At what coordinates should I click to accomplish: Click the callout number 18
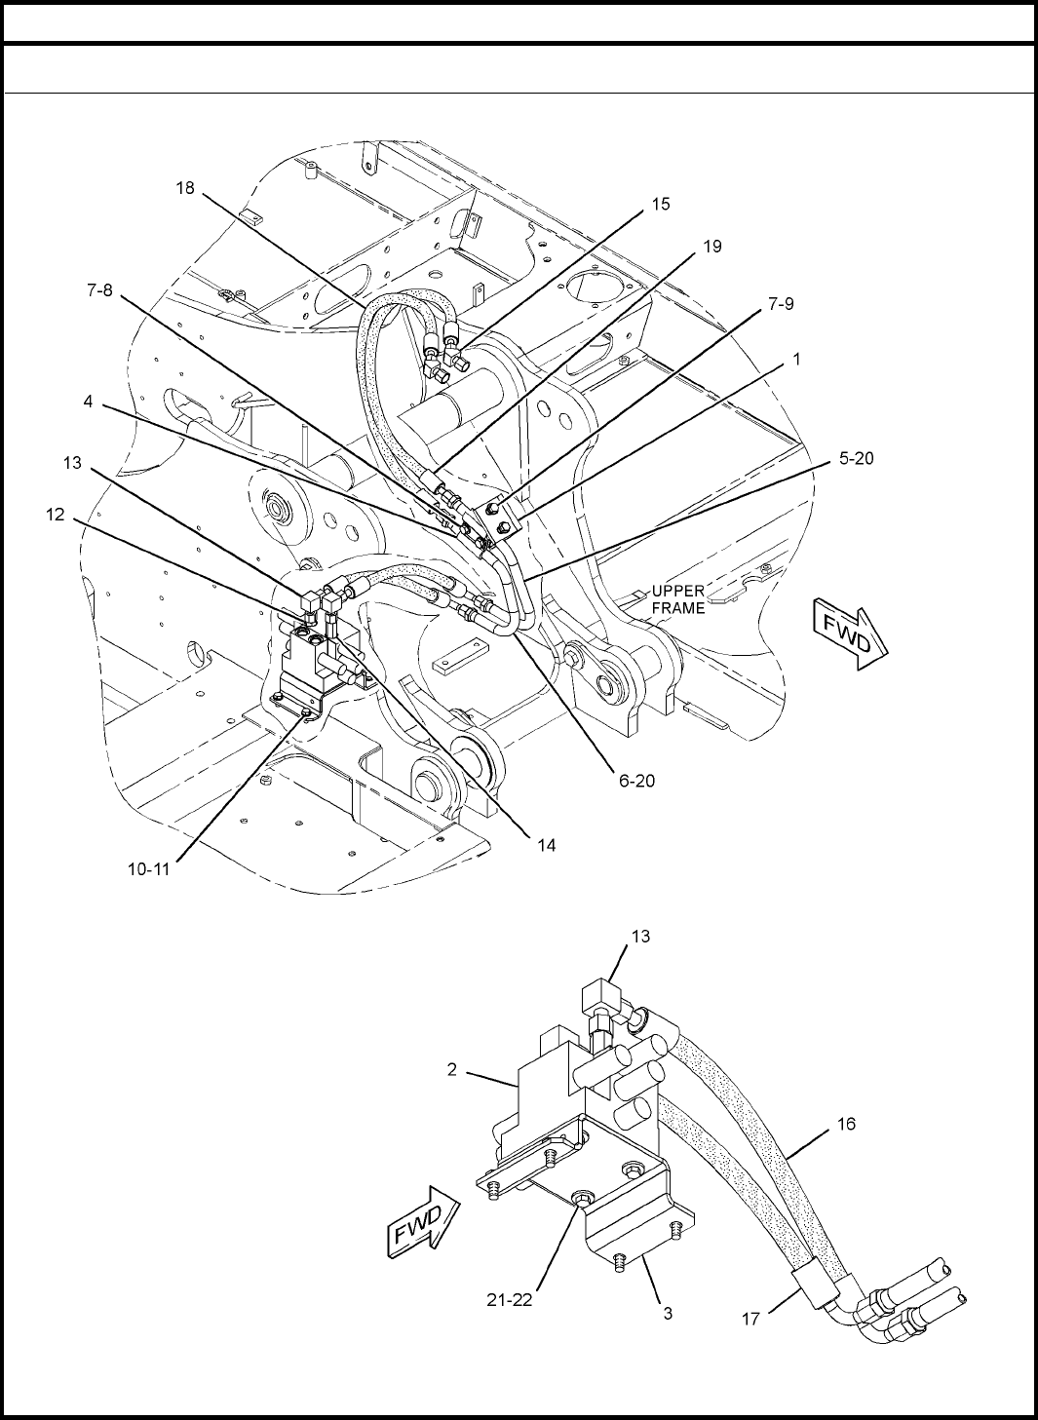coord(185,188)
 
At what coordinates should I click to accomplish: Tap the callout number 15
coord(661,204)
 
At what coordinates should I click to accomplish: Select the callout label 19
coord(712,247)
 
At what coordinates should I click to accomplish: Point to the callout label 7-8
coord(99,290)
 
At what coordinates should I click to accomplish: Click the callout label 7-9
coord(781,304)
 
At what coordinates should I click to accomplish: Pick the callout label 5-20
coord(856,458)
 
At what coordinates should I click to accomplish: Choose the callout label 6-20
coord(636,781)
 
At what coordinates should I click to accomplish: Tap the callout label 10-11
coord(149,869)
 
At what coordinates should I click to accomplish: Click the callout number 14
coord(547,845)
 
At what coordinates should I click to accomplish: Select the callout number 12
coord(56,515)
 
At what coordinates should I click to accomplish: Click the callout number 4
coord(88,402)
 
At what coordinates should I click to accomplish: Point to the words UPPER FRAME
coord(677,599)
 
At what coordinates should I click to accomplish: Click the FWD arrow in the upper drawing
coord(851,633)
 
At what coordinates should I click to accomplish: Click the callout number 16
coord(846,1124)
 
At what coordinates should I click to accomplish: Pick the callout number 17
coord(750,1320)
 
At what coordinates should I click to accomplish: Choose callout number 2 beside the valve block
coord(451,1069)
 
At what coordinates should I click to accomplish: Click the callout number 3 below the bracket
coord(668,1314)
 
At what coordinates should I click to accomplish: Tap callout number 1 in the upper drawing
coord(796,360)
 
